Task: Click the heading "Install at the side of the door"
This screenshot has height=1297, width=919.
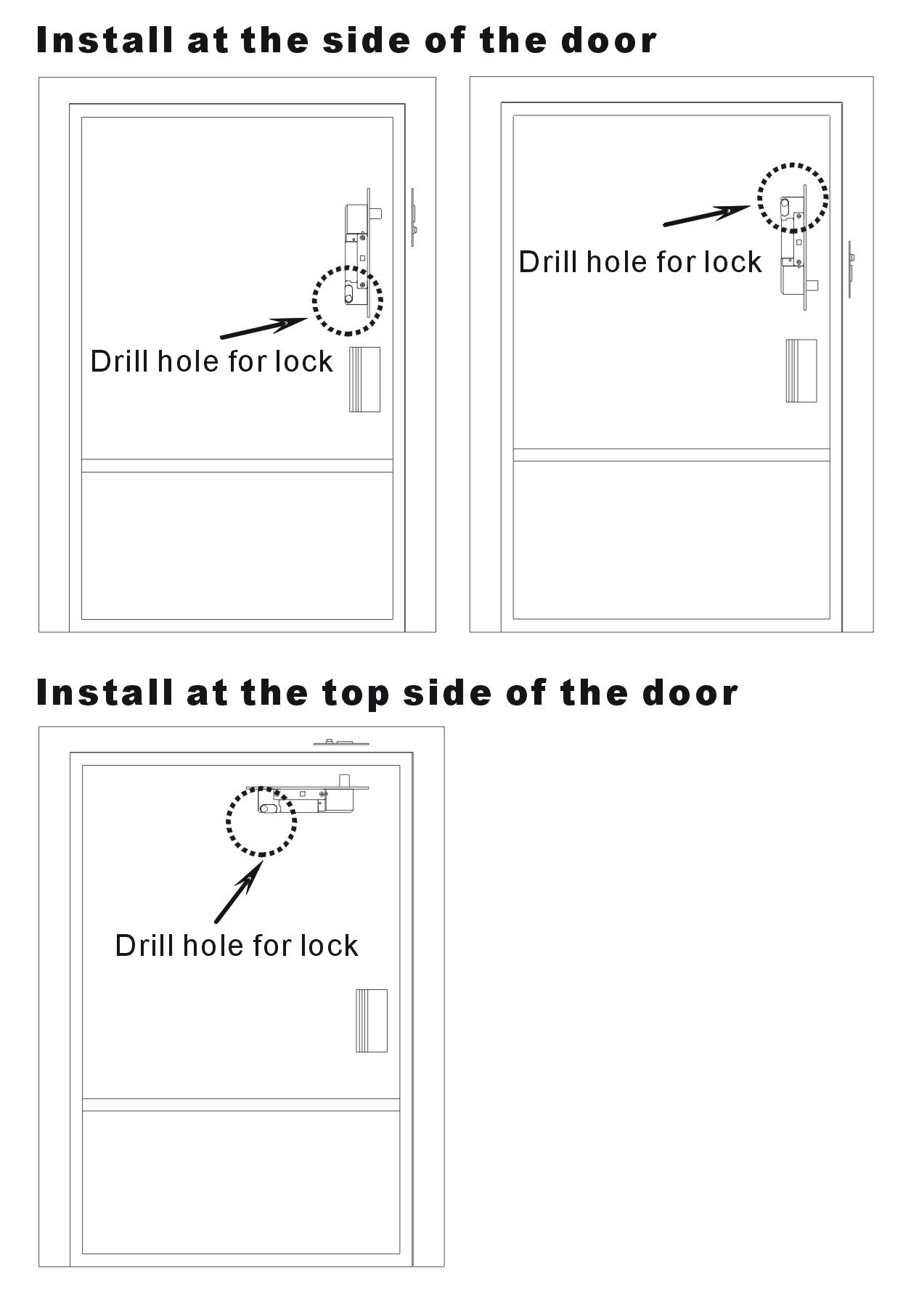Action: tap(346, 41)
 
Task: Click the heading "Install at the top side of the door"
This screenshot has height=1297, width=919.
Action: tap(387, 692)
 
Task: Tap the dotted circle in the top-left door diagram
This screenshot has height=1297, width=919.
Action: tap(314, 300)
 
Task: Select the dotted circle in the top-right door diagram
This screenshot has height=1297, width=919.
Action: tap(759, 197)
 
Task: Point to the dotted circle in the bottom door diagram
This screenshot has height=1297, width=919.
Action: tap(227, 822)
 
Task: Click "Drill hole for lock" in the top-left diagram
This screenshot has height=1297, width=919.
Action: tap(211, 361)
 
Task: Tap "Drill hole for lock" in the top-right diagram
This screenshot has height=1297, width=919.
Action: tap(640, 262)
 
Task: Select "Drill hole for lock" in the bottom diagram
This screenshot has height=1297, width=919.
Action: tap(237, 946)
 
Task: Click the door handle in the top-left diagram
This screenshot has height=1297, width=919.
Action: tap(364, 380)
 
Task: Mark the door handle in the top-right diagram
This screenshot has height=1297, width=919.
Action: tap(801, 371)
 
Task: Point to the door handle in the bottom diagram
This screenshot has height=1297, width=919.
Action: tap(372, 1020)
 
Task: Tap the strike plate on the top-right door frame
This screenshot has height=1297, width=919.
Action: tap(851, 267)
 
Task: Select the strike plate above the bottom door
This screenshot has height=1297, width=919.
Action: tap(342, 742)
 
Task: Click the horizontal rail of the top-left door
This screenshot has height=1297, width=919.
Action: tap(237, 466)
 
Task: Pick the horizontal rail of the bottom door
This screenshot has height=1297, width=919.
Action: tap(241, 1105)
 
